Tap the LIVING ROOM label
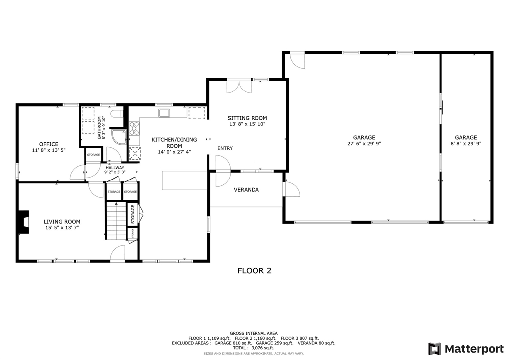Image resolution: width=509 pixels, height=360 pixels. click(62, 222)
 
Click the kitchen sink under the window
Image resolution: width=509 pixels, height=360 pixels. click(164, 113)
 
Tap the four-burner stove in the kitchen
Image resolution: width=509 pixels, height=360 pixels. click(134, 128)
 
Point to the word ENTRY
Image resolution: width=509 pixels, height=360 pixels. click(225, 148)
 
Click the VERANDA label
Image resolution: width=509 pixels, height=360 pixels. click(247, 189)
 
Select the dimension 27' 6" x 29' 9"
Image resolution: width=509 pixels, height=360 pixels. click(364, 143)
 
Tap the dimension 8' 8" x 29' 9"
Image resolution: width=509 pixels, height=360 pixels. click(465, 143)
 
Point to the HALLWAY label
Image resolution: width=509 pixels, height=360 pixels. click(114, 168)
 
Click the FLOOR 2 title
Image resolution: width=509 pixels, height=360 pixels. click(254, 271)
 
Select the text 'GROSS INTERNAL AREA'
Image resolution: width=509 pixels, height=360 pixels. click(254, 333)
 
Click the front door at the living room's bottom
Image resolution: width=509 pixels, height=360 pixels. click(117, 254)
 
